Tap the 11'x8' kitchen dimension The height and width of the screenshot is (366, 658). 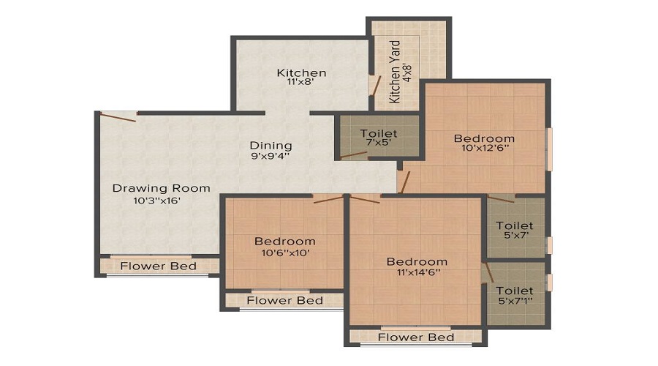pos(301,83)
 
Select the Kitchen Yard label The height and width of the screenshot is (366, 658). pos(395,72)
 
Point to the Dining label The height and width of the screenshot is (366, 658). pos(271,146)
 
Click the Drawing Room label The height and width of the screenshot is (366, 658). pos(161,188)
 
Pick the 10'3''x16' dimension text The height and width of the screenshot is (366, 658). pos(156,201)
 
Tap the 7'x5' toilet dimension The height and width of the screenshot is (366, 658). pos(379,143)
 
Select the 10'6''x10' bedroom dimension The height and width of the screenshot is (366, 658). pos(285,253)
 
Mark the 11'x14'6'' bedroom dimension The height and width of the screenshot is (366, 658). pos(418,272)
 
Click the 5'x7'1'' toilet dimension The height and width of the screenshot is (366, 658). pos(515,301)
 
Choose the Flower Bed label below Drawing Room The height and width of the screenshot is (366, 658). pos(158,266)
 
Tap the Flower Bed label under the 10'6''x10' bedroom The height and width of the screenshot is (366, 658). pos(285,300)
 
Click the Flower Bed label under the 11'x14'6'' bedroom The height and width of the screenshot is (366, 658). pos(416,337)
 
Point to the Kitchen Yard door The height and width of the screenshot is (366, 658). pos(377,86)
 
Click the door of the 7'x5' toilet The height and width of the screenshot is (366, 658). pos(354,155)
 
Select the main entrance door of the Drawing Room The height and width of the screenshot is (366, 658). pos(118,116)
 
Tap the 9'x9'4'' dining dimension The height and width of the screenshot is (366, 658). pos(271,156)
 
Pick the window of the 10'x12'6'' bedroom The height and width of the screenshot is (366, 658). pos(549,149)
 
